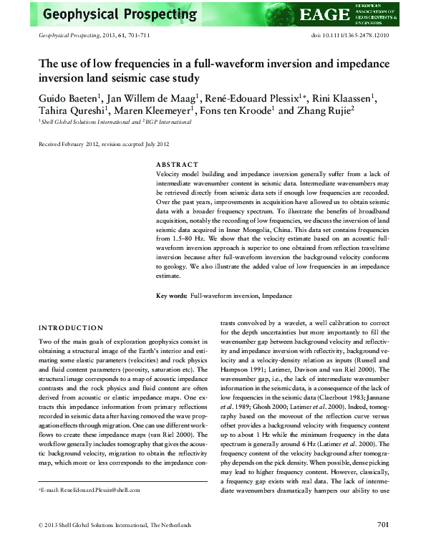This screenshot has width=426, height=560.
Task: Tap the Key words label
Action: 171,316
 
